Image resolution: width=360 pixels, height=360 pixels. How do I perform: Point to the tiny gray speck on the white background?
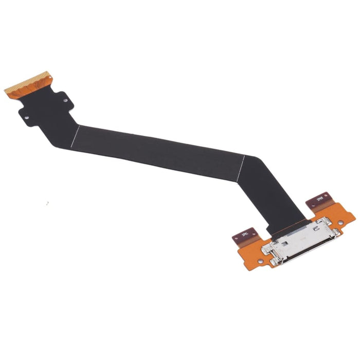[47, 203]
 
